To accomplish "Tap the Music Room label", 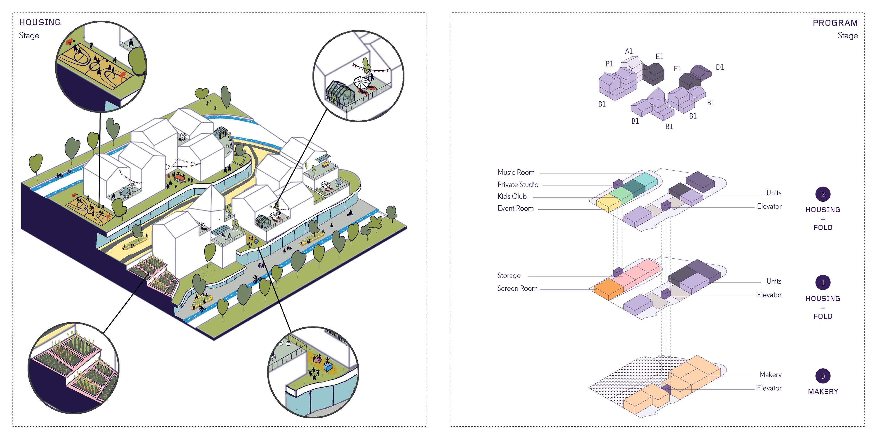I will coord(516,172).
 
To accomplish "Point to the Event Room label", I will coord(515,209).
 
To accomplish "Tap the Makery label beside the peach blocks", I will coord(770,375).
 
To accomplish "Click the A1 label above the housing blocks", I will coord(629,51).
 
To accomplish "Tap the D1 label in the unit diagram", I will coord(720,67).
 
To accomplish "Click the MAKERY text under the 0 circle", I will coord(823,392).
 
